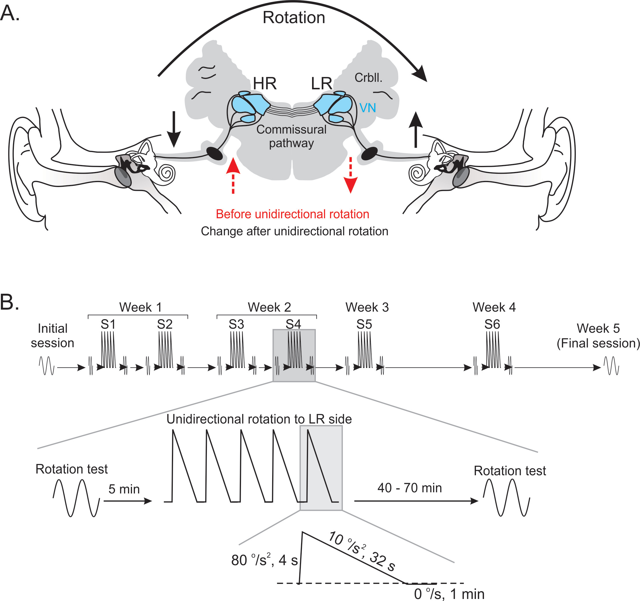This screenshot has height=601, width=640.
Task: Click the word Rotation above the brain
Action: tap(294, 17)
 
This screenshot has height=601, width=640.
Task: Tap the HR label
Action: tap(264, 84)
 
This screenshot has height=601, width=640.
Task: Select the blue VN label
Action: tap(367, 108)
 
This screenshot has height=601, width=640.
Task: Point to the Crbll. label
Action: tap(368, 78)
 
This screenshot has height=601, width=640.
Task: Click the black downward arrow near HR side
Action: tap(174, 129)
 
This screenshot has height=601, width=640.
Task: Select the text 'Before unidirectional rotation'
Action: tap(292, 214)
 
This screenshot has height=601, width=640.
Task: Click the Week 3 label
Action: tap(367, 307)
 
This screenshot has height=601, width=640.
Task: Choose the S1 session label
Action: tap(108, 324)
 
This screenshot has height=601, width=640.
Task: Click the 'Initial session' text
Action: tap(53, 336)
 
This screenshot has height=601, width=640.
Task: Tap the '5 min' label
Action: tap(124, 489)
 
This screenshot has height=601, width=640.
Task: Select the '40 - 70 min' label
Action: tap(409, 488)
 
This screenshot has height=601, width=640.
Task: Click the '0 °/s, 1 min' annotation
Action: tap(449, 594)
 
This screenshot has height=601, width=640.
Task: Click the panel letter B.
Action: tap(10, 302)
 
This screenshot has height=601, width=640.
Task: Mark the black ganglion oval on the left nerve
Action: tap(214, 153)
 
